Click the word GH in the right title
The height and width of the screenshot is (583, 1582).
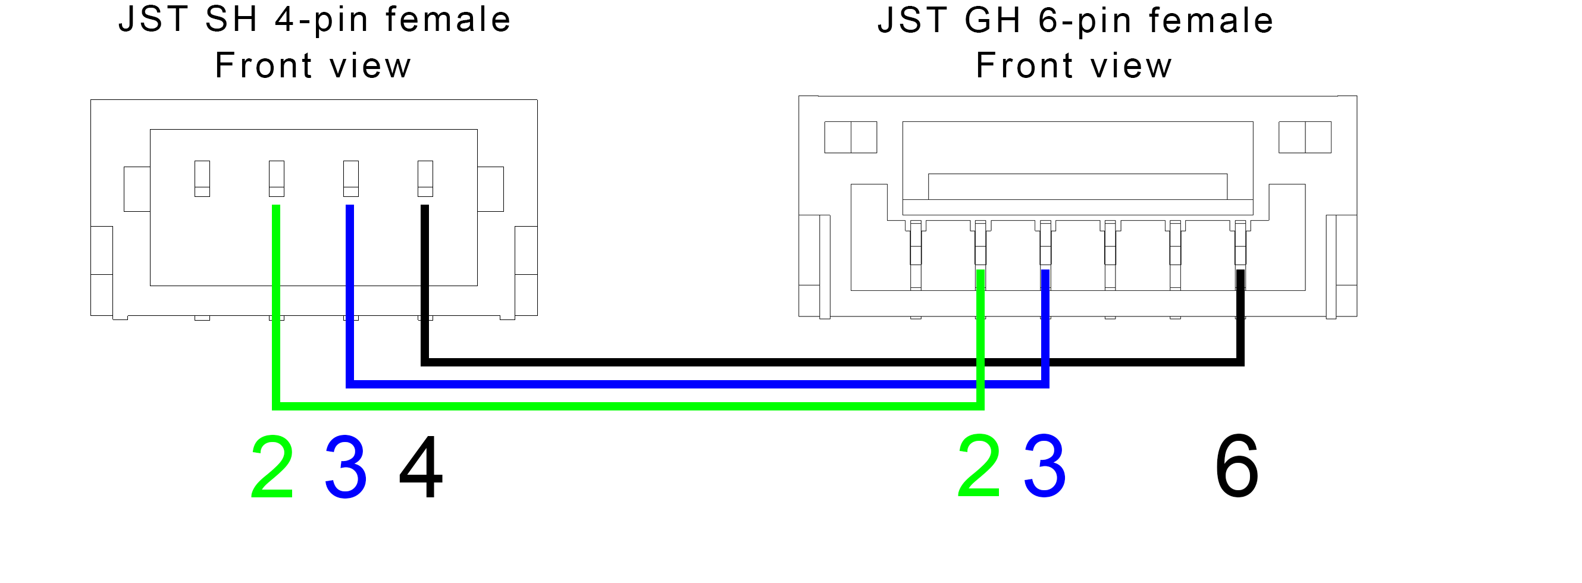pos(993,20)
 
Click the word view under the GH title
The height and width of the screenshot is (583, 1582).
pos(1131,65)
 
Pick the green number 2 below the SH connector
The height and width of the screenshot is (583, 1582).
pos(272,467)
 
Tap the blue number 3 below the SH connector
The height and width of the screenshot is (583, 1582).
pos(346,467)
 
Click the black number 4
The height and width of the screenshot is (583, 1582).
pos(421,467)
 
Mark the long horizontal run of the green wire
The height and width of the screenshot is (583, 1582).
pos(628,406)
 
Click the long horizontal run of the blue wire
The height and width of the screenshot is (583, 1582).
pos(698,384)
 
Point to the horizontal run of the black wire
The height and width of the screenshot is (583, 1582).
pos(833,362)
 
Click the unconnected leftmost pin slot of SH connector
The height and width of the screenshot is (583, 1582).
pos(202,179)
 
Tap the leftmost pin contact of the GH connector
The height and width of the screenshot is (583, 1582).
pos(916,255)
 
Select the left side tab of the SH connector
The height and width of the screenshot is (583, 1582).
pos(137,189)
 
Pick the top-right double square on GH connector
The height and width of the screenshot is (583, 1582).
pos(1305,137)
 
